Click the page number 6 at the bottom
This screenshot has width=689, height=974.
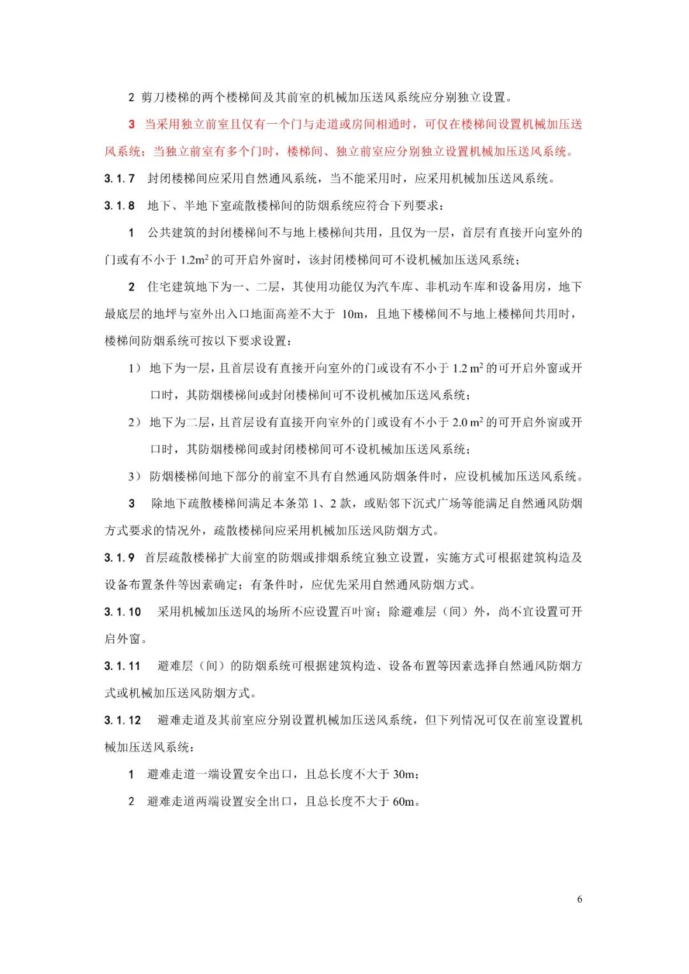click(x=579, y=899)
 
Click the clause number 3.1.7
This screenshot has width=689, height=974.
click(x=119, y=179)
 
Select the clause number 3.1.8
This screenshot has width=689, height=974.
click(x=119, y=205)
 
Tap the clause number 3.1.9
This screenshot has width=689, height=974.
click(x=119, y=557)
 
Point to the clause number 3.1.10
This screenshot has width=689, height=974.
click(x=122, y=612)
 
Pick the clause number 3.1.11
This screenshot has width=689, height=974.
click(x=122, y=666)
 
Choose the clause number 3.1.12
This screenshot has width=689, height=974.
click(x=122, y=720)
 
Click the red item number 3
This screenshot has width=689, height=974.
click(x=132, y=124)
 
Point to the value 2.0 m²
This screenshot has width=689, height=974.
click(x=467, y=422)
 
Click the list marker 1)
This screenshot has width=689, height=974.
click(x=135, y=368)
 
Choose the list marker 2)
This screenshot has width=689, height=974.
click(x=135, y=422)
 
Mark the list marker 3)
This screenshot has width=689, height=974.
click(x=135, y=476)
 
